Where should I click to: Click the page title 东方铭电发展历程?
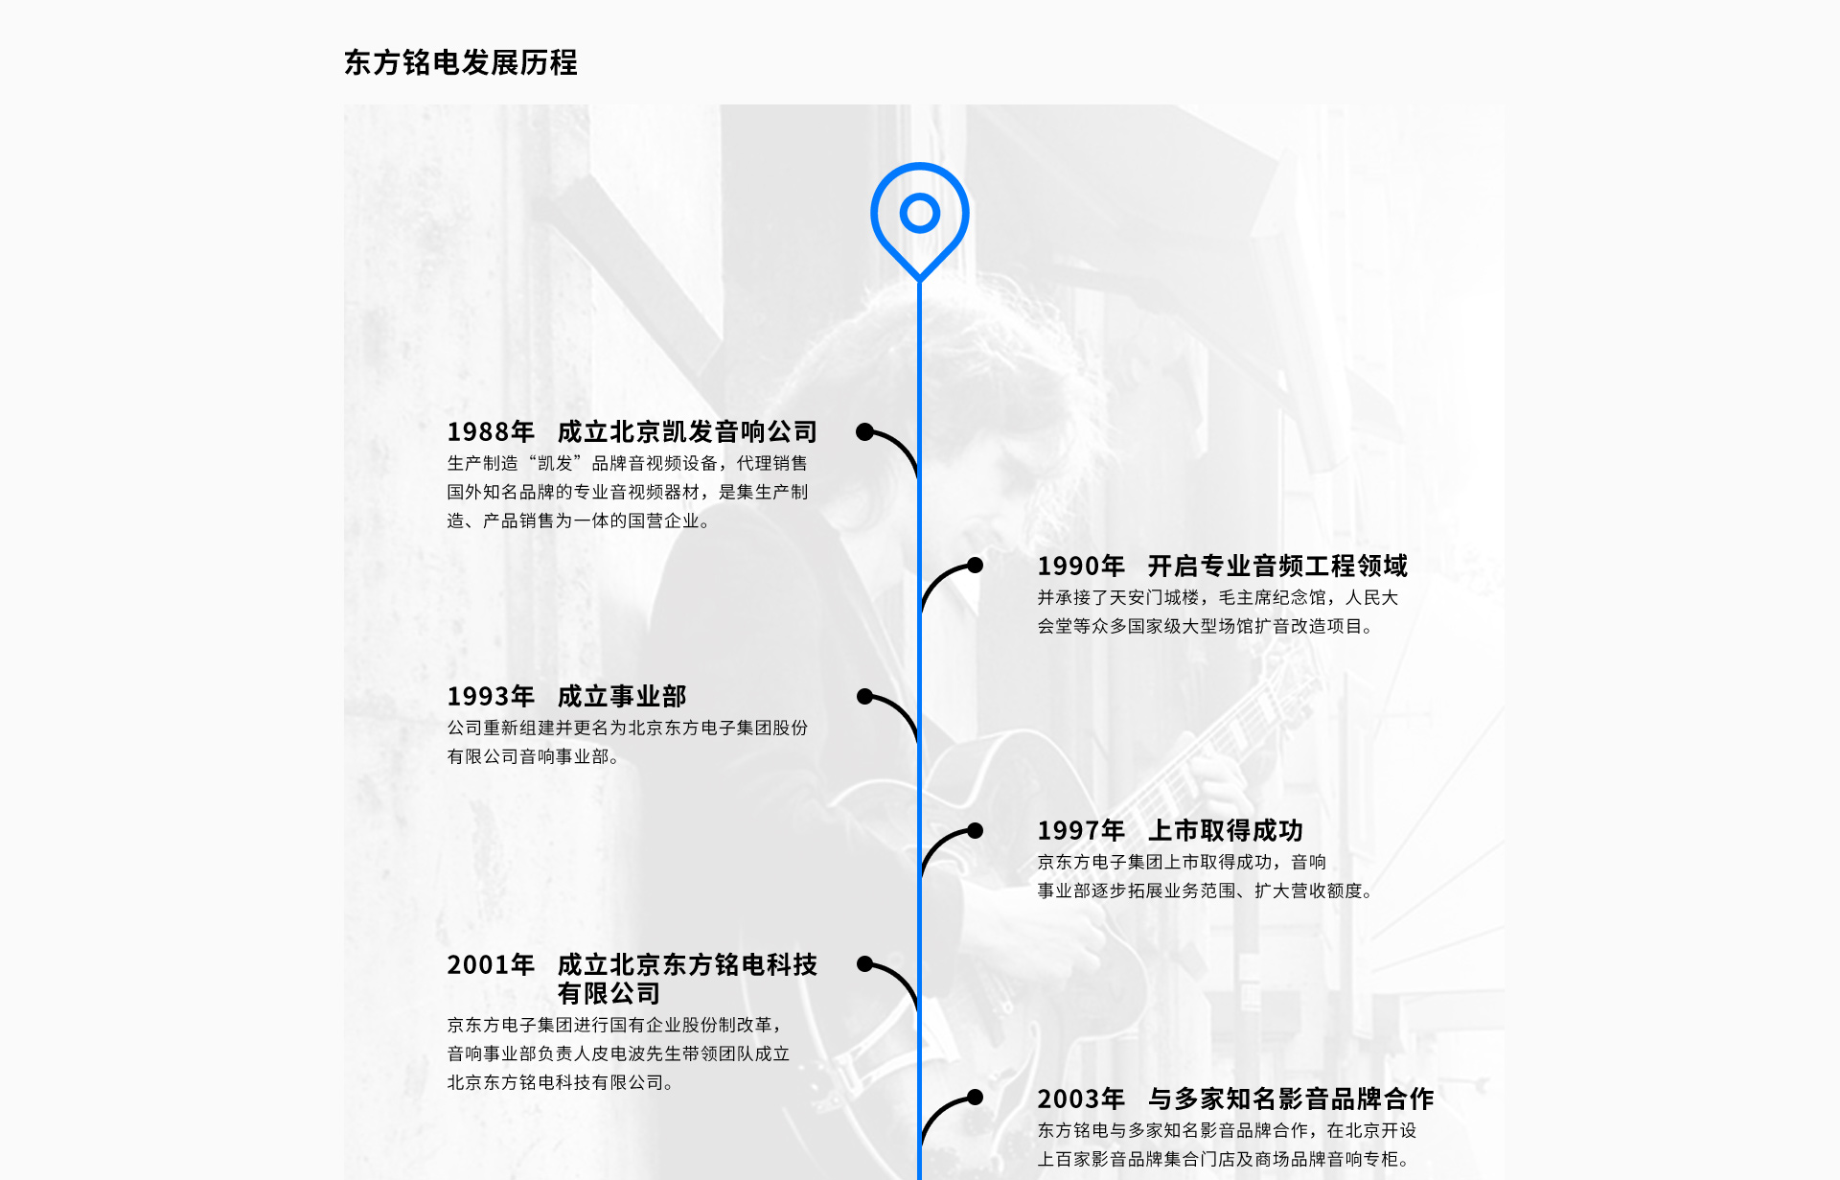click(460, 62)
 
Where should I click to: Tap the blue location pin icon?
click(919, 215)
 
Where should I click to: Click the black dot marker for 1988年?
click(864, 432)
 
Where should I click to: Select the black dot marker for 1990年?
click(975, 566)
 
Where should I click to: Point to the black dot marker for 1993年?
click(864, 697)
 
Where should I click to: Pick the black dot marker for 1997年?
click(975, 831)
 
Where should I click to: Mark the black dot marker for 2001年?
click(864, 964)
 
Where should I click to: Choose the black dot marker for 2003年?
click(975, 1098)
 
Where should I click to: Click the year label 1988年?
click(491, 432)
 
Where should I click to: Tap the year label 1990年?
click(1081, 567)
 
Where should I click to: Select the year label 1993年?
click(491, 697)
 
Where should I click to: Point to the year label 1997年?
click(1081, 831)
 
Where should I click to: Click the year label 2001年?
click(491, 965)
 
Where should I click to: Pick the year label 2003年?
click(1081, 1099)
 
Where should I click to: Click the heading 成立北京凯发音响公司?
click(687, 432)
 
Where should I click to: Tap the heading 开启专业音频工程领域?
click(1277, 567)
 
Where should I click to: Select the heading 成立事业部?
click(622, 697)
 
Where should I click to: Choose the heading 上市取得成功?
click(1226, 831)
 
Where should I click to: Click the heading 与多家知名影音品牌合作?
click(1291, 1099)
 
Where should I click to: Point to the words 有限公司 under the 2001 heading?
click(609, 994)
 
